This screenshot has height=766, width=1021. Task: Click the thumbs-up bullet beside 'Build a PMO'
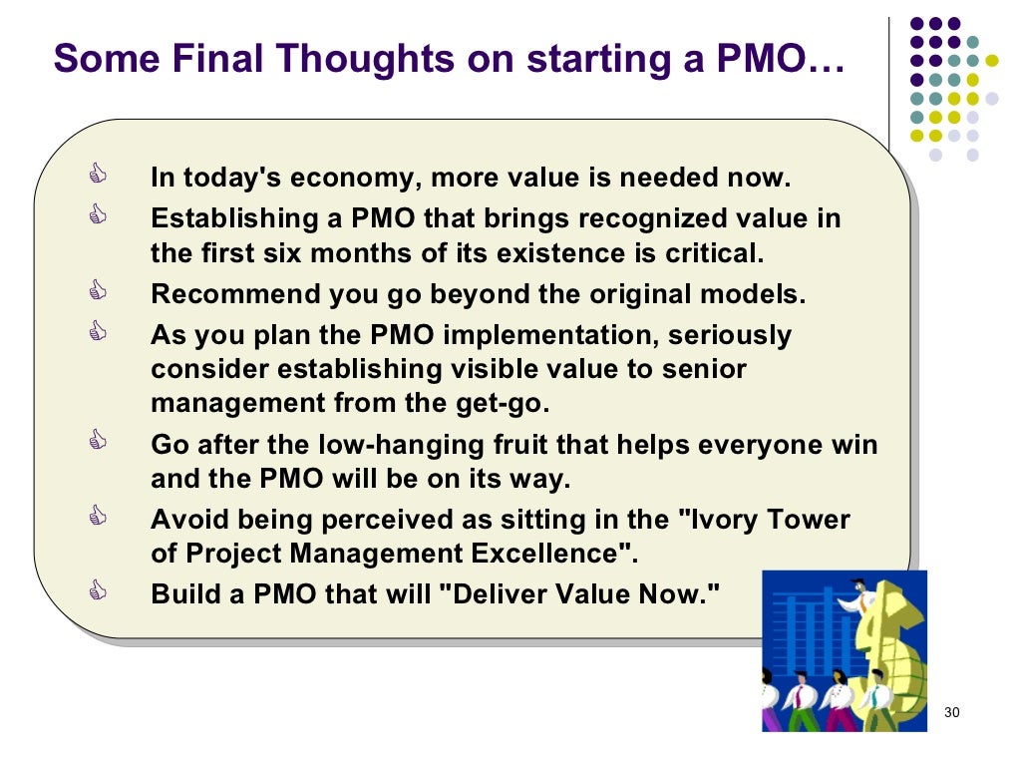tap(97, 591)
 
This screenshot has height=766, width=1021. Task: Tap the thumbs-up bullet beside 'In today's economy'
tap(97, 177)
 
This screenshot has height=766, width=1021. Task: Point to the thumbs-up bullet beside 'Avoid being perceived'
tap(97, 518)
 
